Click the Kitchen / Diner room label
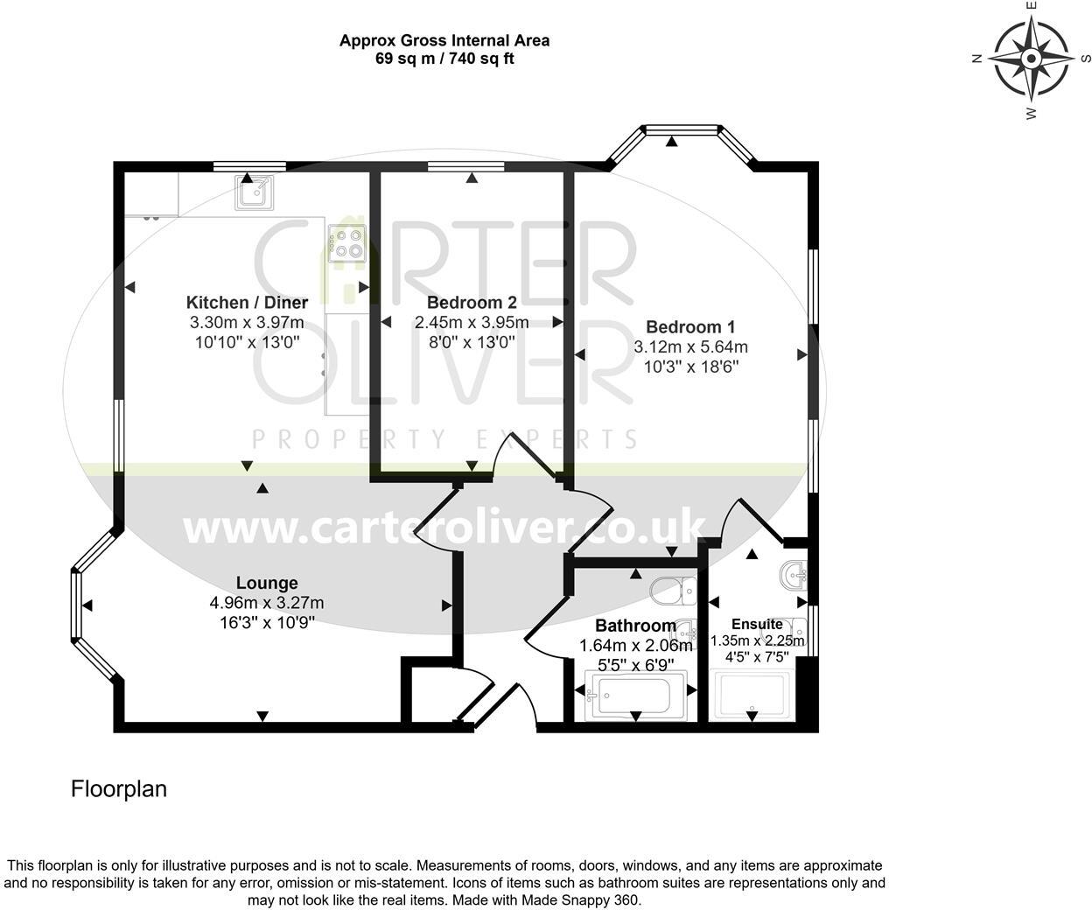(247, 302)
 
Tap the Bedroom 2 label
(472, 302)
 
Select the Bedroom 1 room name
(690, 327)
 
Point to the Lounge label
(267, 583)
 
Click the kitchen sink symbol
(254, 193)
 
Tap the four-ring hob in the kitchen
(347, 243)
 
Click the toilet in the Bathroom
(673, 591)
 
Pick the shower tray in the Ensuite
(752, 695)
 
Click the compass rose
(1031, 59)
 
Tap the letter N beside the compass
(976, 59)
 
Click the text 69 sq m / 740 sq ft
(444, 59)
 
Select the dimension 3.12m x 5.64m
(691, 346)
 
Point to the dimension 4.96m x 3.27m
(267, 603)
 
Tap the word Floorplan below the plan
(119, 788)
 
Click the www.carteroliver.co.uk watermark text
(444, 528)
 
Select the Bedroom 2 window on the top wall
(466, 167)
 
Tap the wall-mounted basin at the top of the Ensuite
(794, 576)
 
